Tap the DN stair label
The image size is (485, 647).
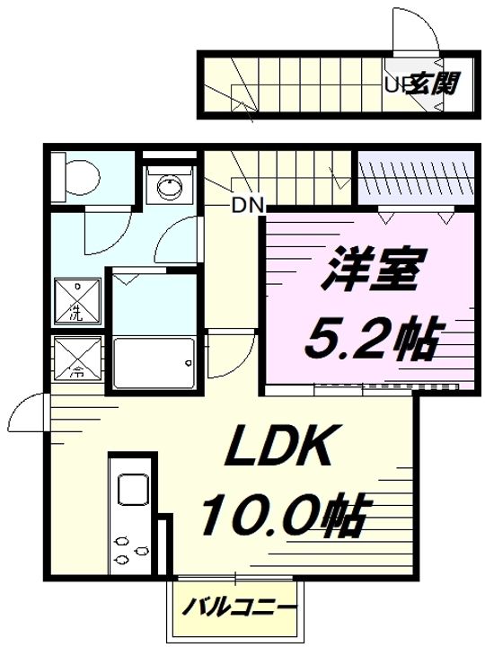click(247, 205)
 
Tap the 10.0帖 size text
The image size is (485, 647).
click(281, 516)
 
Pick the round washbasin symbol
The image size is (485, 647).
click(169, 187)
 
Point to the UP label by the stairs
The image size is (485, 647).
click(394, 85)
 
